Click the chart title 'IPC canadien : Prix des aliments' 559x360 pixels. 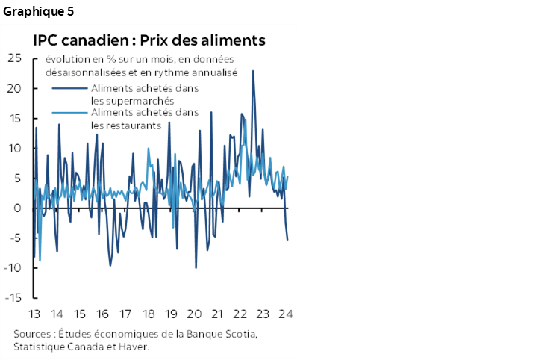click(x=149, y=40)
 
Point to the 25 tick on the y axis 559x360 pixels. click(x=13, y=58)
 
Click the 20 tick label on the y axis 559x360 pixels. click(x=13, y=88)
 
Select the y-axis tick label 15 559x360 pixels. click(x=13, y=118)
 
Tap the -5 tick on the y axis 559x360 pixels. click(x=15, y=238)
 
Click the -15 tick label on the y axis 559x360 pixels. click(x=12, y=297)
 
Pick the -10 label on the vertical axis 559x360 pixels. click(x=12, y=267)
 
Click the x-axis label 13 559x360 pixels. click(x=34, y=314)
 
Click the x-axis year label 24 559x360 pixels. click(x=285, y=314)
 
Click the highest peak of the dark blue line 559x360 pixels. click(x=253, y=71)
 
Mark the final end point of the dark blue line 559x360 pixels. click(x=288, y=240)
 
